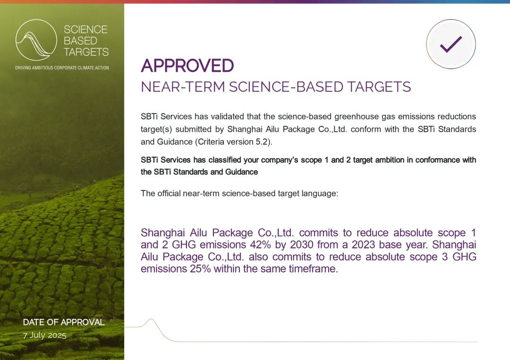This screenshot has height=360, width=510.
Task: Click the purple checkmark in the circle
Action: (451, 44)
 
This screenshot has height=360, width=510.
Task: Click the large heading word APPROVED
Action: (187, 66)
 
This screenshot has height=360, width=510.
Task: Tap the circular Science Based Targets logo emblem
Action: (36, 40)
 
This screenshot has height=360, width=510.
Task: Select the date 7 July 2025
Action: (44, 335)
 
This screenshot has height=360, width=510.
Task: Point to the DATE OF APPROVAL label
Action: (64, 322)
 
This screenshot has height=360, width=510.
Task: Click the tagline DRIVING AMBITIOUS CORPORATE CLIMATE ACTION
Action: (62, 68)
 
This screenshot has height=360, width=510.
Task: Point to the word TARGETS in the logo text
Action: (86, 52)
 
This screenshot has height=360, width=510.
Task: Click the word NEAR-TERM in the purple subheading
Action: (183, 87)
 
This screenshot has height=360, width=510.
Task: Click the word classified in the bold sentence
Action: (224, 160)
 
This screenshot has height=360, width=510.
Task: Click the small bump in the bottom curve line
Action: (151, 320)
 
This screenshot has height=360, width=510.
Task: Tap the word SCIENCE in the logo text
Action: (85, 30)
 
